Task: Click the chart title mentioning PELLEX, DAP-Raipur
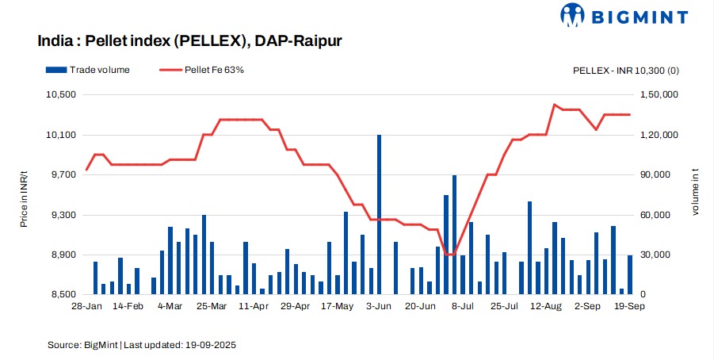[x=189, y=40]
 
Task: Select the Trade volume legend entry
[x=88, y=70]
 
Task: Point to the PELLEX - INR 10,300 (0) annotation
[x=625, y=71]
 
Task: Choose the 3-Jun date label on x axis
[x=379, y=306]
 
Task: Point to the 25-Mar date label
[x=212, y=306]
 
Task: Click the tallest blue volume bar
[x=379, y=214]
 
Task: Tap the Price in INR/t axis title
[x=25, y=195]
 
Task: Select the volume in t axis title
[x=697, y=195]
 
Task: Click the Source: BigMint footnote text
[x=142, y=345]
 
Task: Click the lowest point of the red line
[x=449, y=255]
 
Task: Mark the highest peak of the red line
[x=555, y=105]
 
